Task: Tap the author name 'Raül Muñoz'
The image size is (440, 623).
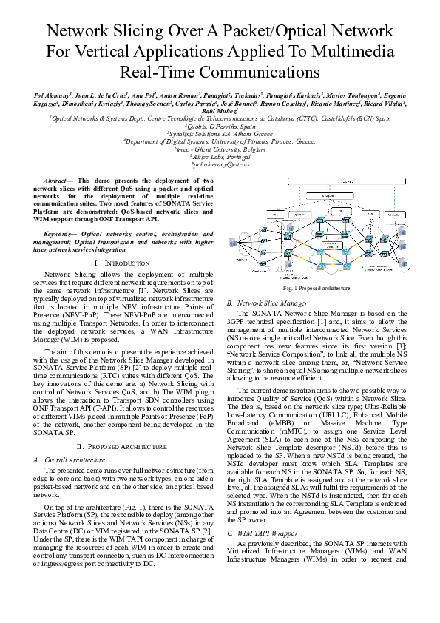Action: (x=220, y=110)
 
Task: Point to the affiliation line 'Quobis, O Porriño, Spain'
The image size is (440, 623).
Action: (x=220, y=127)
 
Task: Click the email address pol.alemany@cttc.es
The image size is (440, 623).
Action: (x=220, y=165)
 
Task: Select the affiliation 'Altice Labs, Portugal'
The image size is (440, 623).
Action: (x=220, y=157)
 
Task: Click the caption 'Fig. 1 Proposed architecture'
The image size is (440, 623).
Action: (x=317, y=288)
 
